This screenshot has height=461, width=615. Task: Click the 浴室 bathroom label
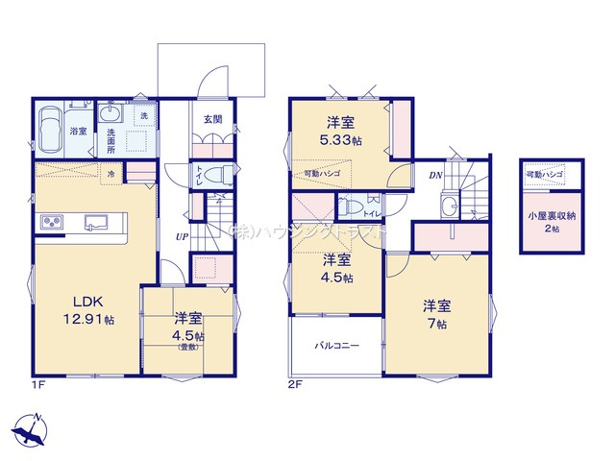[x=81, y=132]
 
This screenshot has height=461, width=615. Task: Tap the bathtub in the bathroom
[x=51, y=128]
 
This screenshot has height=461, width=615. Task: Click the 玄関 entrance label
[x=212, y=119]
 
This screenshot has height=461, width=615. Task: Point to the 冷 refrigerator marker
[x=111, y=174]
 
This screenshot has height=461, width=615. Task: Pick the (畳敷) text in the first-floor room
[x=188, y=347]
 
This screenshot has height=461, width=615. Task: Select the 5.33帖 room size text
[x=342, y=140]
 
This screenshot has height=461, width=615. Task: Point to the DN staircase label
[x=434, y=176]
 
